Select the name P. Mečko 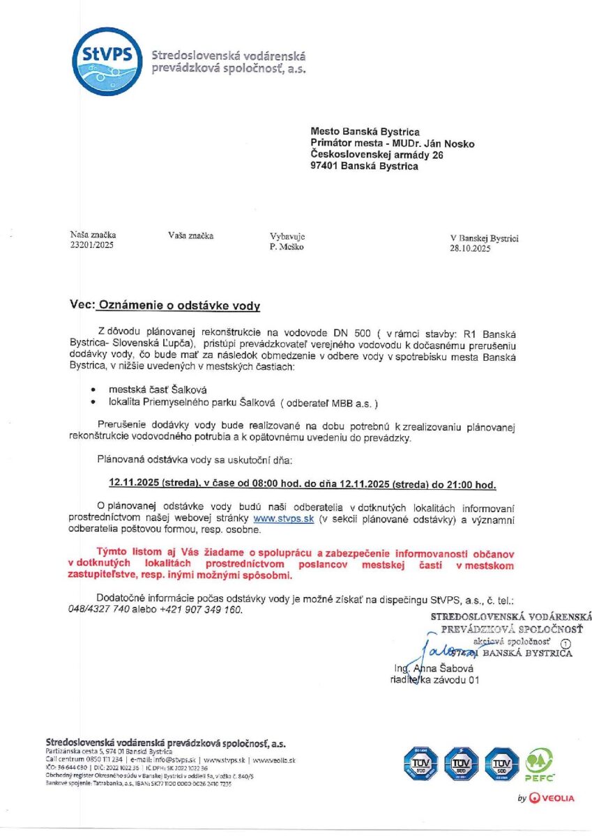coord(287,246)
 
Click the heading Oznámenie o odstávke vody coord(179,305)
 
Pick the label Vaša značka coord(190,235)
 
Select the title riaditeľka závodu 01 coord(435,681)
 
